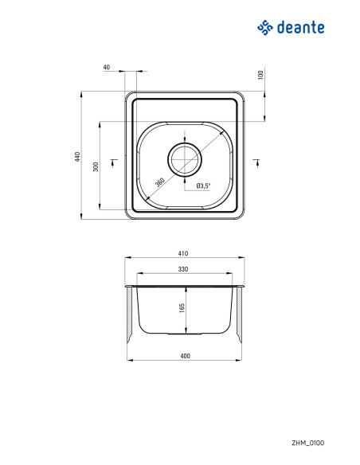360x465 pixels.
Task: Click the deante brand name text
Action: click(301, 27)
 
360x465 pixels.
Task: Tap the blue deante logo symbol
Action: click(264, 28)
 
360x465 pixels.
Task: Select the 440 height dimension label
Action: click(77, 156)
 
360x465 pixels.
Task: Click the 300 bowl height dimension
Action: click(96, 166)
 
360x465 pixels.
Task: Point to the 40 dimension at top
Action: click(107, 68)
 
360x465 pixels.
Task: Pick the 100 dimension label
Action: click(260, 75)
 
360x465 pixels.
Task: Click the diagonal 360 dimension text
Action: click(160, 182)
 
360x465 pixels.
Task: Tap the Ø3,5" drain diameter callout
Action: click(203, 186)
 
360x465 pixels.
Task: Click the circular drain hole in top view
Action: click(185, 159)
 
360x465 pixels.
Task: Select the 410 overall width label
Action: click(183, 253)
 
